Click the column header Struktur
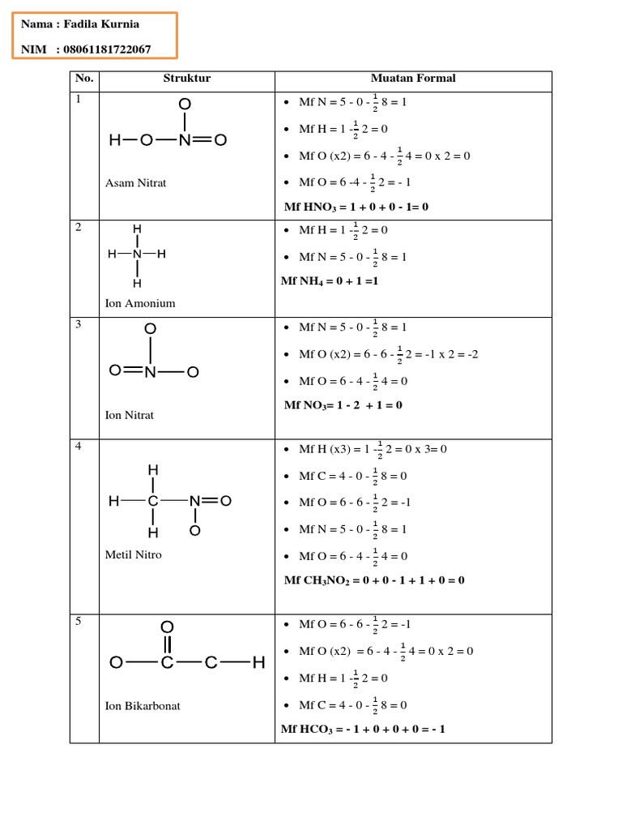(186, 79)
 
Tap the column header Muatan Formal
(413, 79)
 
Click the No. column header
(84, 79)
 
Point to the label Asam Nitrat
(135, 183)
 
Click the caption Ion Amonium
(140, 303)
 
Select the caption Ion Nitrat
(130, 415)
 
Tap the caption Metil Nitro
(134, 554)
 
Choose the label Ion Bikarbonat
(143, 705)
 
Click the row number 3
(79, 324)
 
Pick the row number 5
(79, 622)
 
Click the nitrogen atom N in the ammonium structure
(137, 254)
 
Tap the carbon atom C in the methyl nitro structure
(153, 502)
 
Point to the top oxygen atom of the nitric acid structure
(185, 105)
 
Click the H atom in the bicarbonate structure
(258, 664)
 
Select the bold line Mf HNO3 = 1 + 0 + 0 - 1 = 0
(356, 207)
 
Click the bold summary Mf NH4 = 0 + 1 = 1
(330, 281)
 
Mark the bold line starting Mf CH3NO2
(374, 580)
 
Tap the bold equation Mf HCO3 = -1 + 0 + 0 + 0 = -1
(363, 729)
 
